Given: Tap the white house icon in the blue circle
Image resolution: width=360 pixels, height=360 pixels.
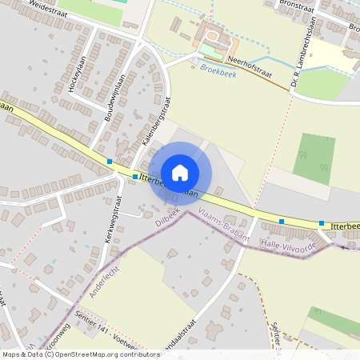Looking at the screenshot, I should (x=180, y=172).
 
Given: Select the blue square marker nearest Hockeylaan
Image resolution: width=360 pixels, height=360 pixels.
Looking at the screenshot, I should (x=110, y=162).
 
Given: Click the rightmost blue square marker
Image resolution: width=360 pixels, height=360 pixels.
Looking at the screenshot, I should (x=322, y=224).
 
